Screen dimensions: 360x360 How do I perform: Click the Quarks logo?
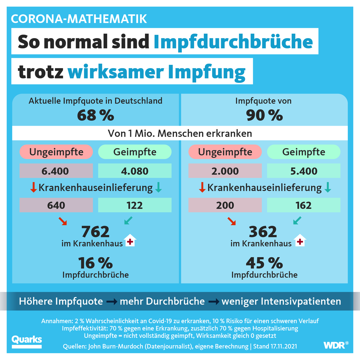click(27, 341)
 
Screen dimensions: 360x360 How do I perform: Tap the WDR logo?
click(335, 345)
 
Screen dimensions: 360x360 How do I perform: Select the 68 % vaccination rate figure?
click(95, 115)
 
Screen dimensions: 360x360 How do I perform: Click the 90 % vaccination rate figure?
click(264, 115)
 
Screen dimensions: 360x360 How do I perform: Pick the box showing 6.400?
click(56, 171)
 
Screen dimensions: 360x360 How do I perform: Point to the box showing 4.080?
click(135, 171)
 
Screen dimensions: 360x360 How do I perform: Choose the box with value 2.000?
click(225, 171)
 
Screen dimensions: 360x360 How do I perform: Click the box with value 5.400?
click(304, 171)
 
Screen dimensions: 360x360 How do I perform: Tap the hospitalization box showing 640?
click(56, 205)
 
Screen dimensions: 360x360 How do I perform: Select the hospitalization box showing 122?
click(135, 205)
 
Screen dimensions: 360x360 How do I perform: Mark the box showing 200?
click(225, 205)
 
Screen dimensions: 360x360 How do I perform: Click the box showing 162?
click(304, 205)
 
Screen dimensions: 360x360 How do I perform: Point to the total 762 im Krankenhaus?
click(95, 232)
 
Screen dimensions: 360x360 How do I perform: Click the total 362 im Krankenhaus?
click(263, 232)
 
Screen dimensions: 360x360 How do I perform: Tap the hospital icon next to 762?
click(130, 241)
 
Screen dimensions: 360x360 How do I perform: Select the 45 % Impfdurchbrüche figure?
click(264, 263)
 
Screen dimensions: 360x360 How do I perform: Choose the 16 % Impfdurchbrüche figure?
click(95, 263)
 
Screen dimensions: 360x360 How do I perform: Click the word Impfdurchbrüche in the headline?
click(233, 41)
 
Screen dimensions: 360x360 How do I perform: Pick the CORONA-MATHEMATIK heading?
click(79, 19)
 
